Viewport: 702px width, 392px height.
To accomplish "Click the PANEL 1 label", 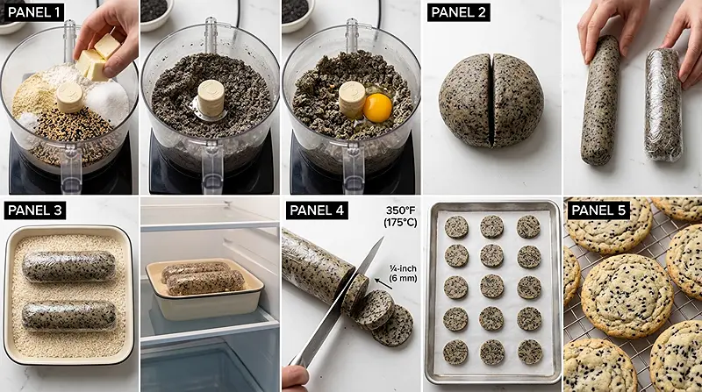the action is pos(33,12).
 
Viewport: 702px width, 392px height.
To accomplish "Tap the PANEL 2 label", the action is pos(458,12).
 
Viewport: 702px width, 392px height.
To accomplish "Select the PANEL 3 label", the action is pos(35,210).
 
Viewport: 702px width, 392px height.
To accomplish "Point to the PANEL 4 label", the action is pos(317,210).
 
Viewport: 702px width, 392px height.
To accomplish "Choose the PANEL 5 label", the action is pos(598,210).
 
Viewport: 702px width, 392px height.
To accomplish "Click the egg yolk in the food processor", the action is pos(377,108).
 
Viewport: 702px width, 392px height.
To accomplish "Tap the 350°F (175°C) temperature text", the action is pos(400,216).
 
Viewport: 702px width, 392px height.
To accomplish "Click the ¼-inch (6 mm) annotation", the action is pos(403,273).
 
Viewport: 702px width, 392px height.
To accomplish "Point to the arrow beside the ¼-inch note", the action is pos(383,284).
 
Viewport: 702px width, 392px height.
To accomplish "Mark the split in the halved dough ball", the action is pos(492,101).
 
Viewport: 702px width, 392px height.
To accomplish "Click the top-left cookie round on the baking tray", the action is pos(456,227).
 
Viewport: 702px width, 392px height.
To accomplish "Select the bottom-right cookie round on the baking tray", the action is pos(530,352).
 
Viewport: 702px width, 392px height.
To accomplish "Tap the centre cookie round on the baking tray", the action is pos(492,287).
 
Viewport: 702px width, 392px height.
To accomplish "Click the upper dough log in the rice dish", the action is pos(68,267).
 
